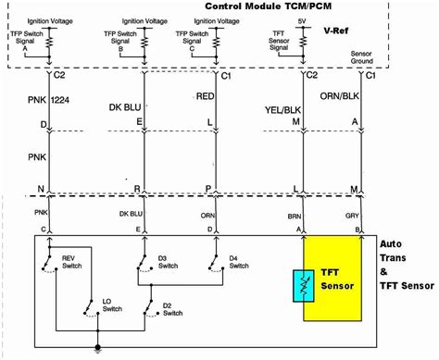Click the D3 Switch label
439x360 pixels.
click(168, 262)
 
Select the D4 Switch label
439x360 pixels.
click(238, 262)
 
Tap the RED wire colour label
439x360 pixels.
click(205, 95)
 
